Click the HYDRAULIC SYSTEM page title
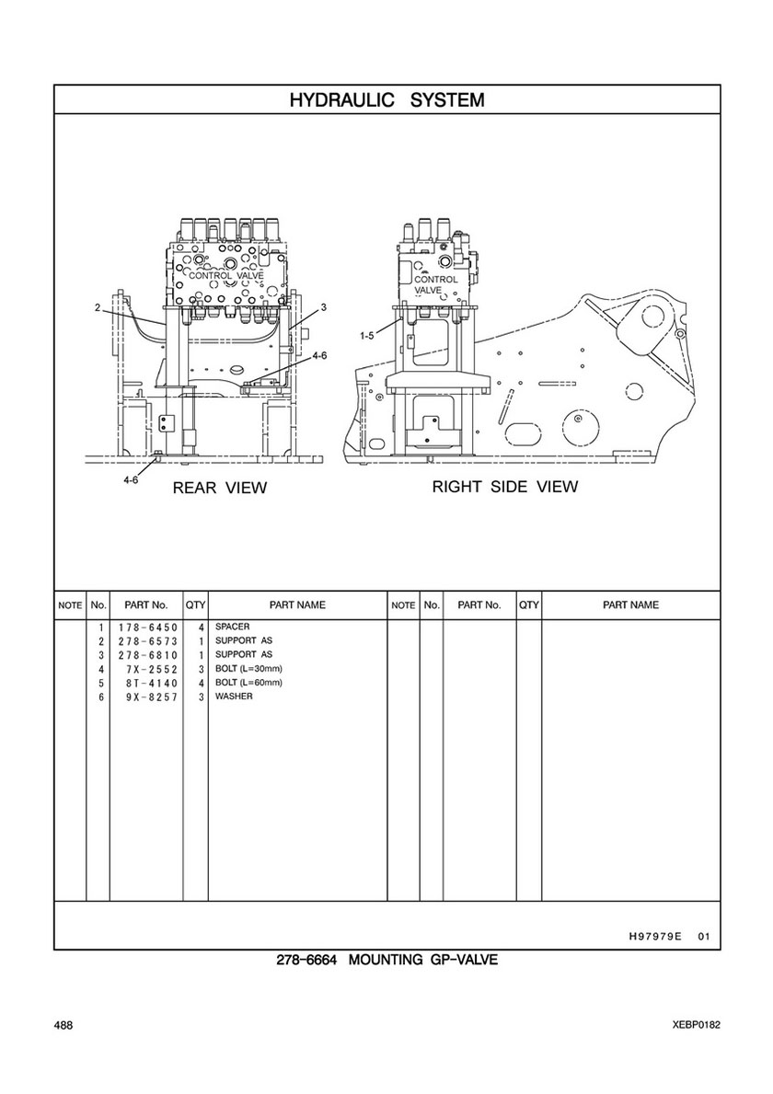pos(386,99)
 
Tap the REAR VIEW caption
pos(219,489)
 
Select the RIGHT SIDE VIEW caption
pos(505,487)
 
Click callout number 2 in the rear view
pos(98,308)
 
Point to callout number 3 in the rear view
pos(324,306)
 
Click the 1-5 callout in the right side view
pos(367,336)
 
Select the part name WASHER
pos(234,697)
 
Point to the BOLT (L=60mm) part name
pos(248,683)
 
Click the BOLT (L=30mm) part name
pos(248,669)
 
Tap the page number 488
pos(63,1025)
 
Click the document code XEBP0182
pos(696,1025)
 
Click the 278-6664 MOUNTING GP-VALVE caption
pos(386,961)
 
